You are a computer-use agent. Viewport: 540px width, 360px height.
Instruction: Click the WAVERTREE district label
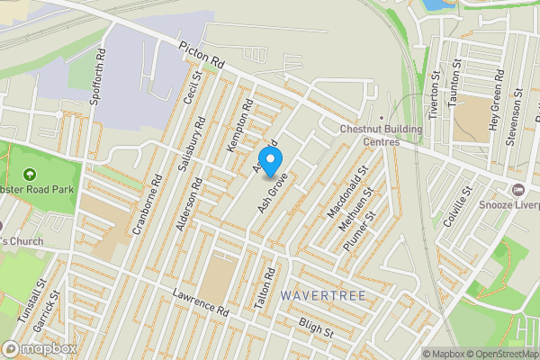click(316, 294)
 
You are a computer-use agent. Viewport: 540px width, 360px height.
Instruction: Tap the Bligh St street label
click(316, 330)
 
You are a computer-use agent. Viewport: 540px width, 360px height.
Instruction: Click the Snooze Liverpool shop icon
click(517, 190)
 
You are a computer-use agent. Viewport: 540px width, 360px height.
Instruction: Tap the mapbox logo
click(40, 348)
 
